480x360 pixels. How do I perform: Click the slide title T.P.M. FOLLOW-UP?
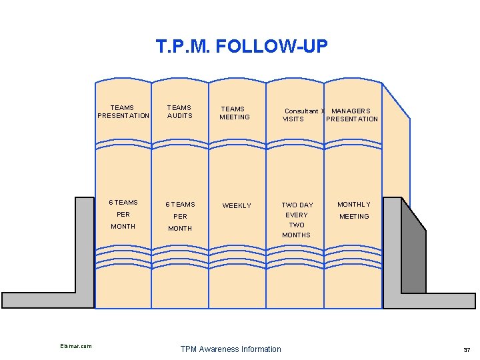tap(241, 46)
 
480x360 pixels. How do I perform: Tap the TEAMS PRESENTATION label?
tap(123, 111)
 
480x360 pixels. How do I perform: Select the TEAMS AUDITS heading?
tap(179, 111)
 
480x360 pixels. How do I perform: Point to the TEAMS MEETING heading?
tap(234, 113)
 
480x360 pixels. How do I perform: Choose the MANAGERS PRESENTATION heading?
tap(351, 115)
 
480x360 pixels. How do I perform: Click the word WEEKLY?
tap(237, 206)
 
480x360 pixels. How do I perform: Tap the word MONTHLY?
tap(353, 204)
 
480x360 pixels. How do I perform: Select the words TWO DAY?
tap(297, 205)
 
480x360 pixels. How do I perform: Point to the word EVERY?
tap(297, 215)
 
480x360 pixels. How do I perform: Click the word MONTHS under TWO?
tap(296, 235)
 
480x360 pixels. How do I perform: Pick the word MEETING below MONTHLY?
tap(354, 216)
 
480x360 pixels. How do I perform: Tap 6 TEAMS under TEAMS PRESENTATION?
tap(123, 202)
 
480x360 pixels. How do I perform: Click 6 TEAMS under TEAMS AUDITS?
tap(181, 204)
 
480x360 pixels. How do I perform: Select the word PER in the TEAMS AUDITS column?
tap(180, 217)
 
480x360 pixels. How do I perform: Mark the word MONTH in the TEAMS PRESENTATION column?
tap(123, 227)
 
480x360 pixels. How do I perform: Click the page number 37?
tap(466, 350)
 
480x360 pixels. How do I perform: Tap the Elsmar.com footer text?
tap(76, 345)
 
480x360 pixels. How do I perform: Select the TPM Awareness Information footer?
tap(231, 349)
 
